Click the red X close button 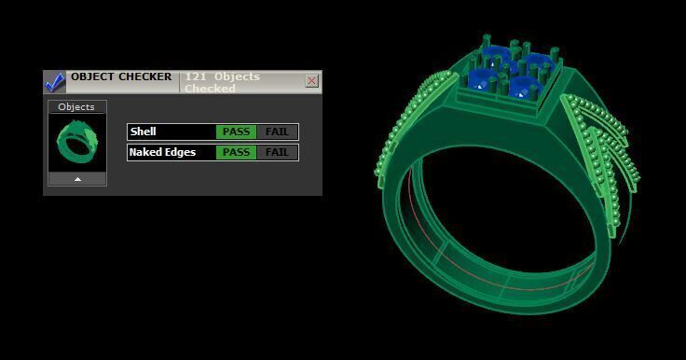(311, 81)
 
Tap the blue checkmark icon (55, 82)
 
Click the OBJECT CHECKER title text (121, 76)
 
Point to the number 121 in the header (195, 76)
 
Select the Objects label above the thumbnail (76, 107)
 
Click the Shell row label (144, 132)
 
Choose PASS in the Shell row (236, 132)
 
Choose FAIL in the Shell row (277, 132)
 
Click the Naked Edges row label (162, 152)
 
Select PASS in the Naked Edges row (236, 152)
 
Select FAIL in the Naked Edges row (277, 152)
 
